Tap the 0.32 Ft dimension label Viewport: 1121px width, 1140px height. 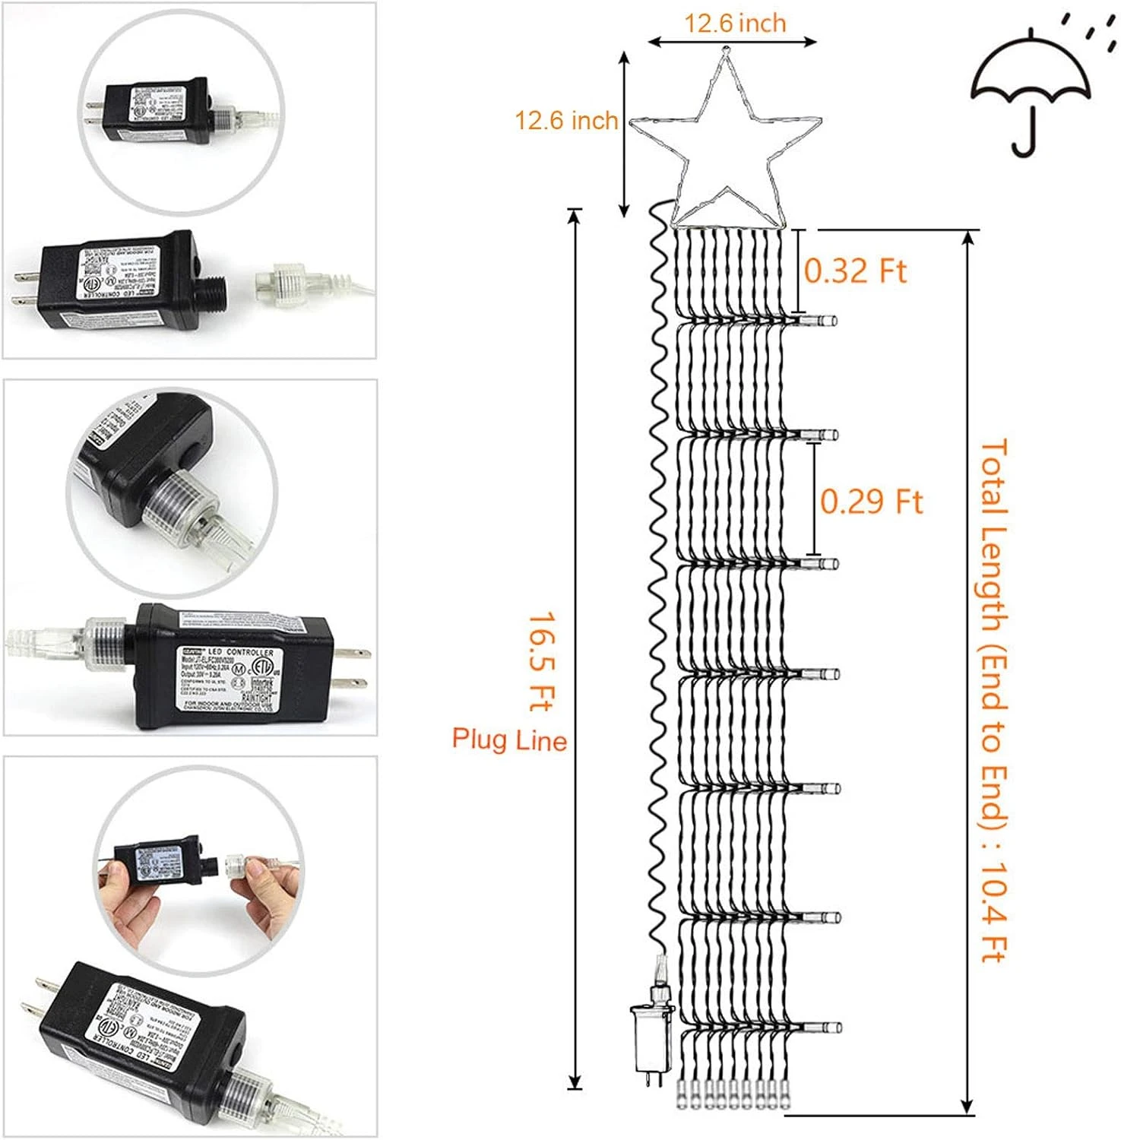[x=856, y=271]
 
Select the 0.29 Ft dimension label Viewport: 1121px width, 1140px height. [x=871, y=502]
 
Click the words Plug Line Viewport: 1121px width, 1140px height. [x=509, y=739]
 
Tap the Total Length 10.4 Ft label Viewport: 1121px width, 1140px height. [x=994, y=699]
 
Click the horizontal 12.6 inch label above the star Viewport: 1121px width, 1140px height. [x=735, y=24]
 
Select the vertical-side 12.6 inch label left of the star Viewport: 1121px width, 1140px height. [x=566, y=120]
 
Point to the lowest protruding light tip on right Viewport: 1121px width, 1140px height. [x=825, y=1028]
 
